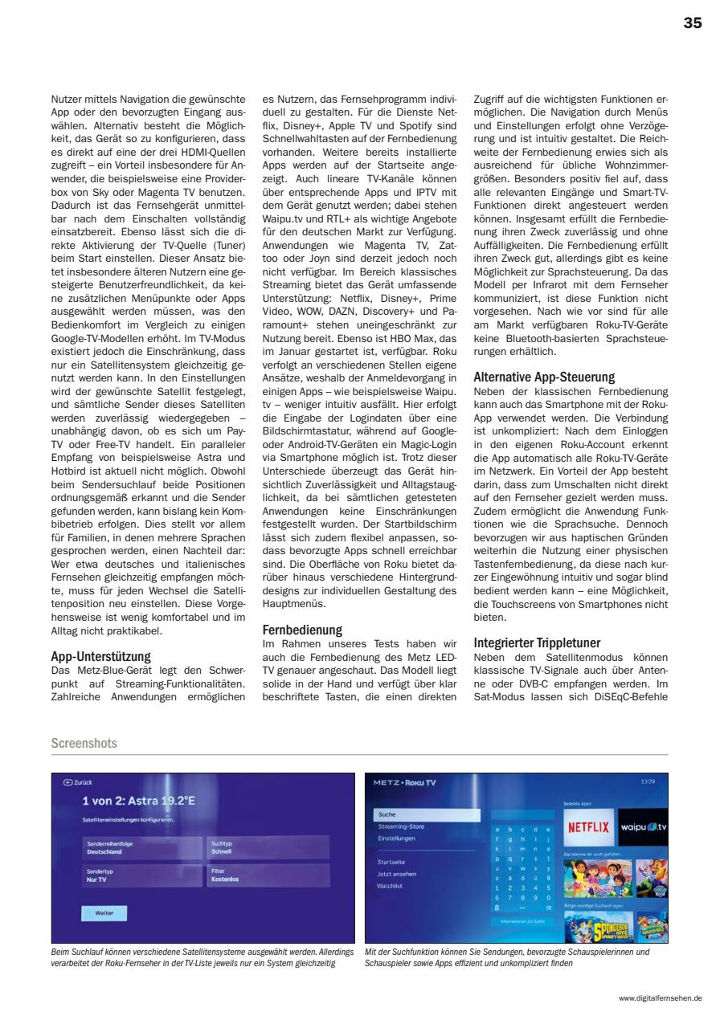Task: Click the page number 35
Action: [x=693, y=23]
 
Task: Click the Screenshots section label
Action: [x=84, y=744]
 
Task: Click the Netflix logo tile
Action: [x=588, y=826]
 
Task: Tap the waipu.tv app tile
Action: [x=643, y=826]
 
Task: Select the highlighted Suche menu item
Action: [x=427, y=814]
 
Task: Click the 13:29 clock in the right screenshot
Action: [x=648, y=780]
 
